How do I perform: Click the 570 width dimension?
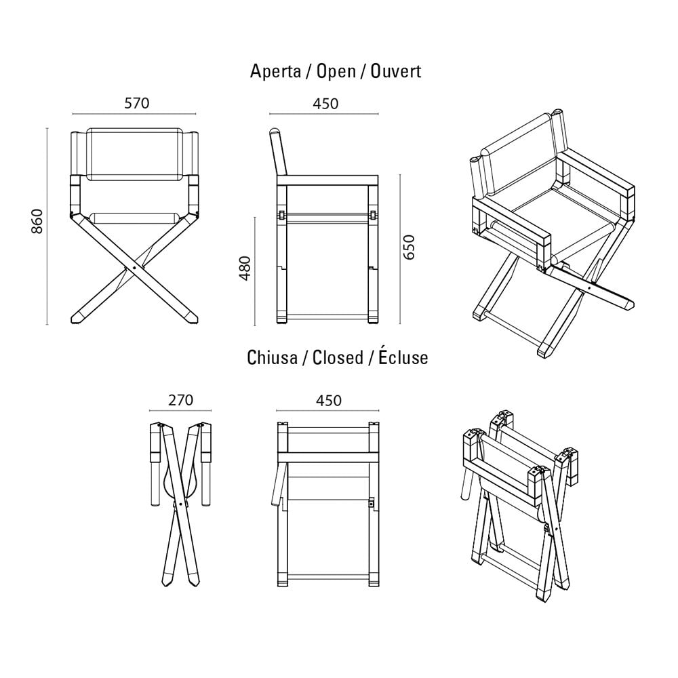(x=137, y=103)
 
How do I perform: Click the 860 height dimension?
(x=37, y=222)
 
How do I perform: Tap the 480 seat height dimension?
(x=245, y=268)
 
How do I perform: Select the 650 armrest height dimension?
(x=409, y=247)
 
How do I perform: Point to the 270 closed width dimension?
(x=180, y=400)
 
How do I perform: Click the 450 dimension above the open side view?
(x=325, y=104)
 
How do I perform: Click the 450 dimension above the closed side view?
(x=328, y=401)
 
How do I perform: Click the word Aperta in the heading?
(x=275, y=71)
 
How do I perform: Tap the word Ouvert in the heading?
(x=396, y=71)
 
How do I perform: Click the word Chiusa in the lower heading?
(x=272, y=357)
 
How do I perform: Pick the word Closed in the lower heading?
(x=338, y=357)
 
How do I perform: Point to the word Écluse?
(x=403, y=357)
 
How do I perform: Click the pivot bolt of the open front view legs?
(x=135, y=268)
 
